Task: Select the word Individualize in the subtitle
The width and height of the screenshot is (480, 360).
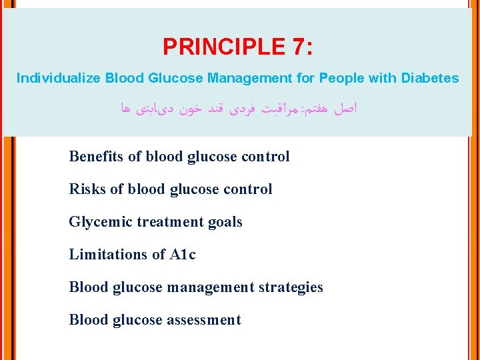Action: [x=59, y=78]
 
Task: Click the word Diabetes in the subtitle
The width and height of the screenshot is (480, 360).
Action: [x=429, y=78]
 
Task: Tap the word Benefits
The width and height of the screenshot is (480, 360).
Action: [x=97, y=157]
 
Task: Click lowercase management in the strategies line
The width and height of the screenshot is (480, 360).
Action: [x=210, y=287]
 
